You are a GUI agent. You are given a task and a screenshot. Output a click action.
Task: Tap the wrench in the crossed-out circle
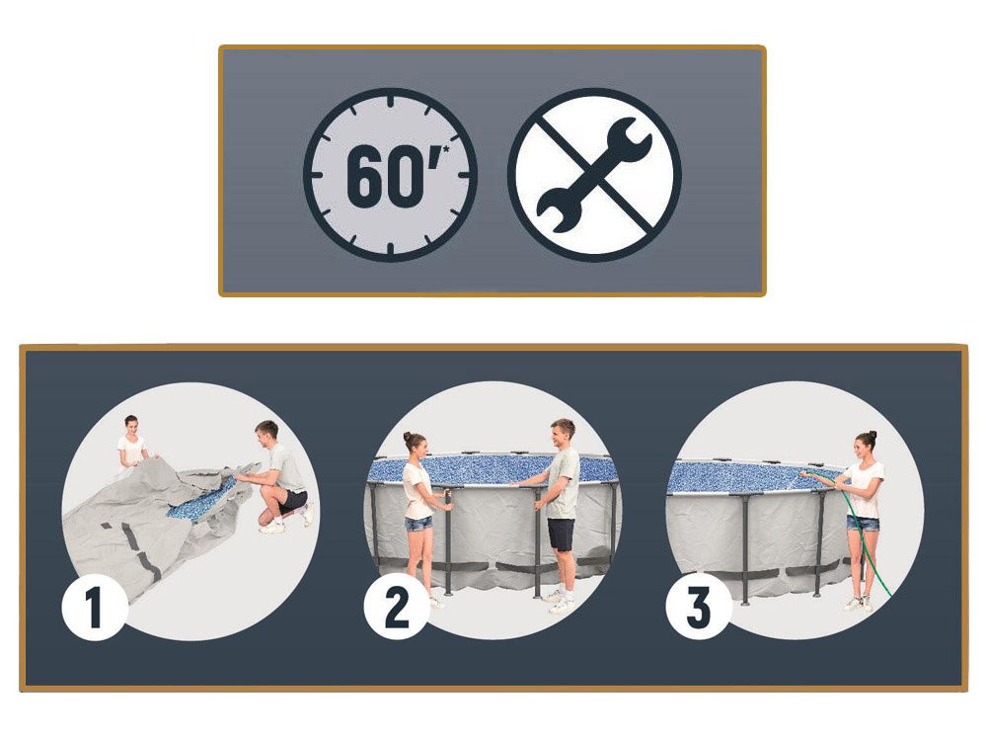594,174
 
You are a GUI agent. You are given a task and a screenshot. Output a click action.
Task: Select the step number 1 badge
93,608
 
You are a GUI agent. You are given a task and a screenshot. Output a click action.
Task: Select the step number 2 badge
396,607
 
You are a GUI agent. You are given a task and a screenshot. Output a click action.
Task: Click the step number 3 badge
698,607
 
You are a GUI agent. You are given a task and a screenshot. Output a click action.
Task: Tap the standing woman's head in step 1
131,424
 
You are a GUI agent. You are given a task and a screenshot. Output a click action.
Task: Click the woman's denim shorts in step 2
418,525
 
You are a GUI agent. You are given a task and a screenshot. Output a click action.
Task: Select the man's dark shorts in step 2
562,534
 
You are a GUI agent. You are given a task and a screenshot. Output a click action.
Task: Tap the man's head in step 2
562,433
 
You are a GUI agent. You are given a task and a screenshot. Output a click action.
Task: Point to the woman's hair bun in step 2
408,437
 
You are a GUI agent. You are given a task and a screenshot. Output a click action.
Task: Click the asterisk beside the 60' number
446,150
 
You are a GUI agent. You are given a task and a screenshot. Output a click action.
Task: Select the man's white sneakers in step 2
559,602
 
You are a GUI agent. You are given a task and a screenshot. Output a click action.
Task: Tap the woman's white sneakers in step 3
859,604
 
